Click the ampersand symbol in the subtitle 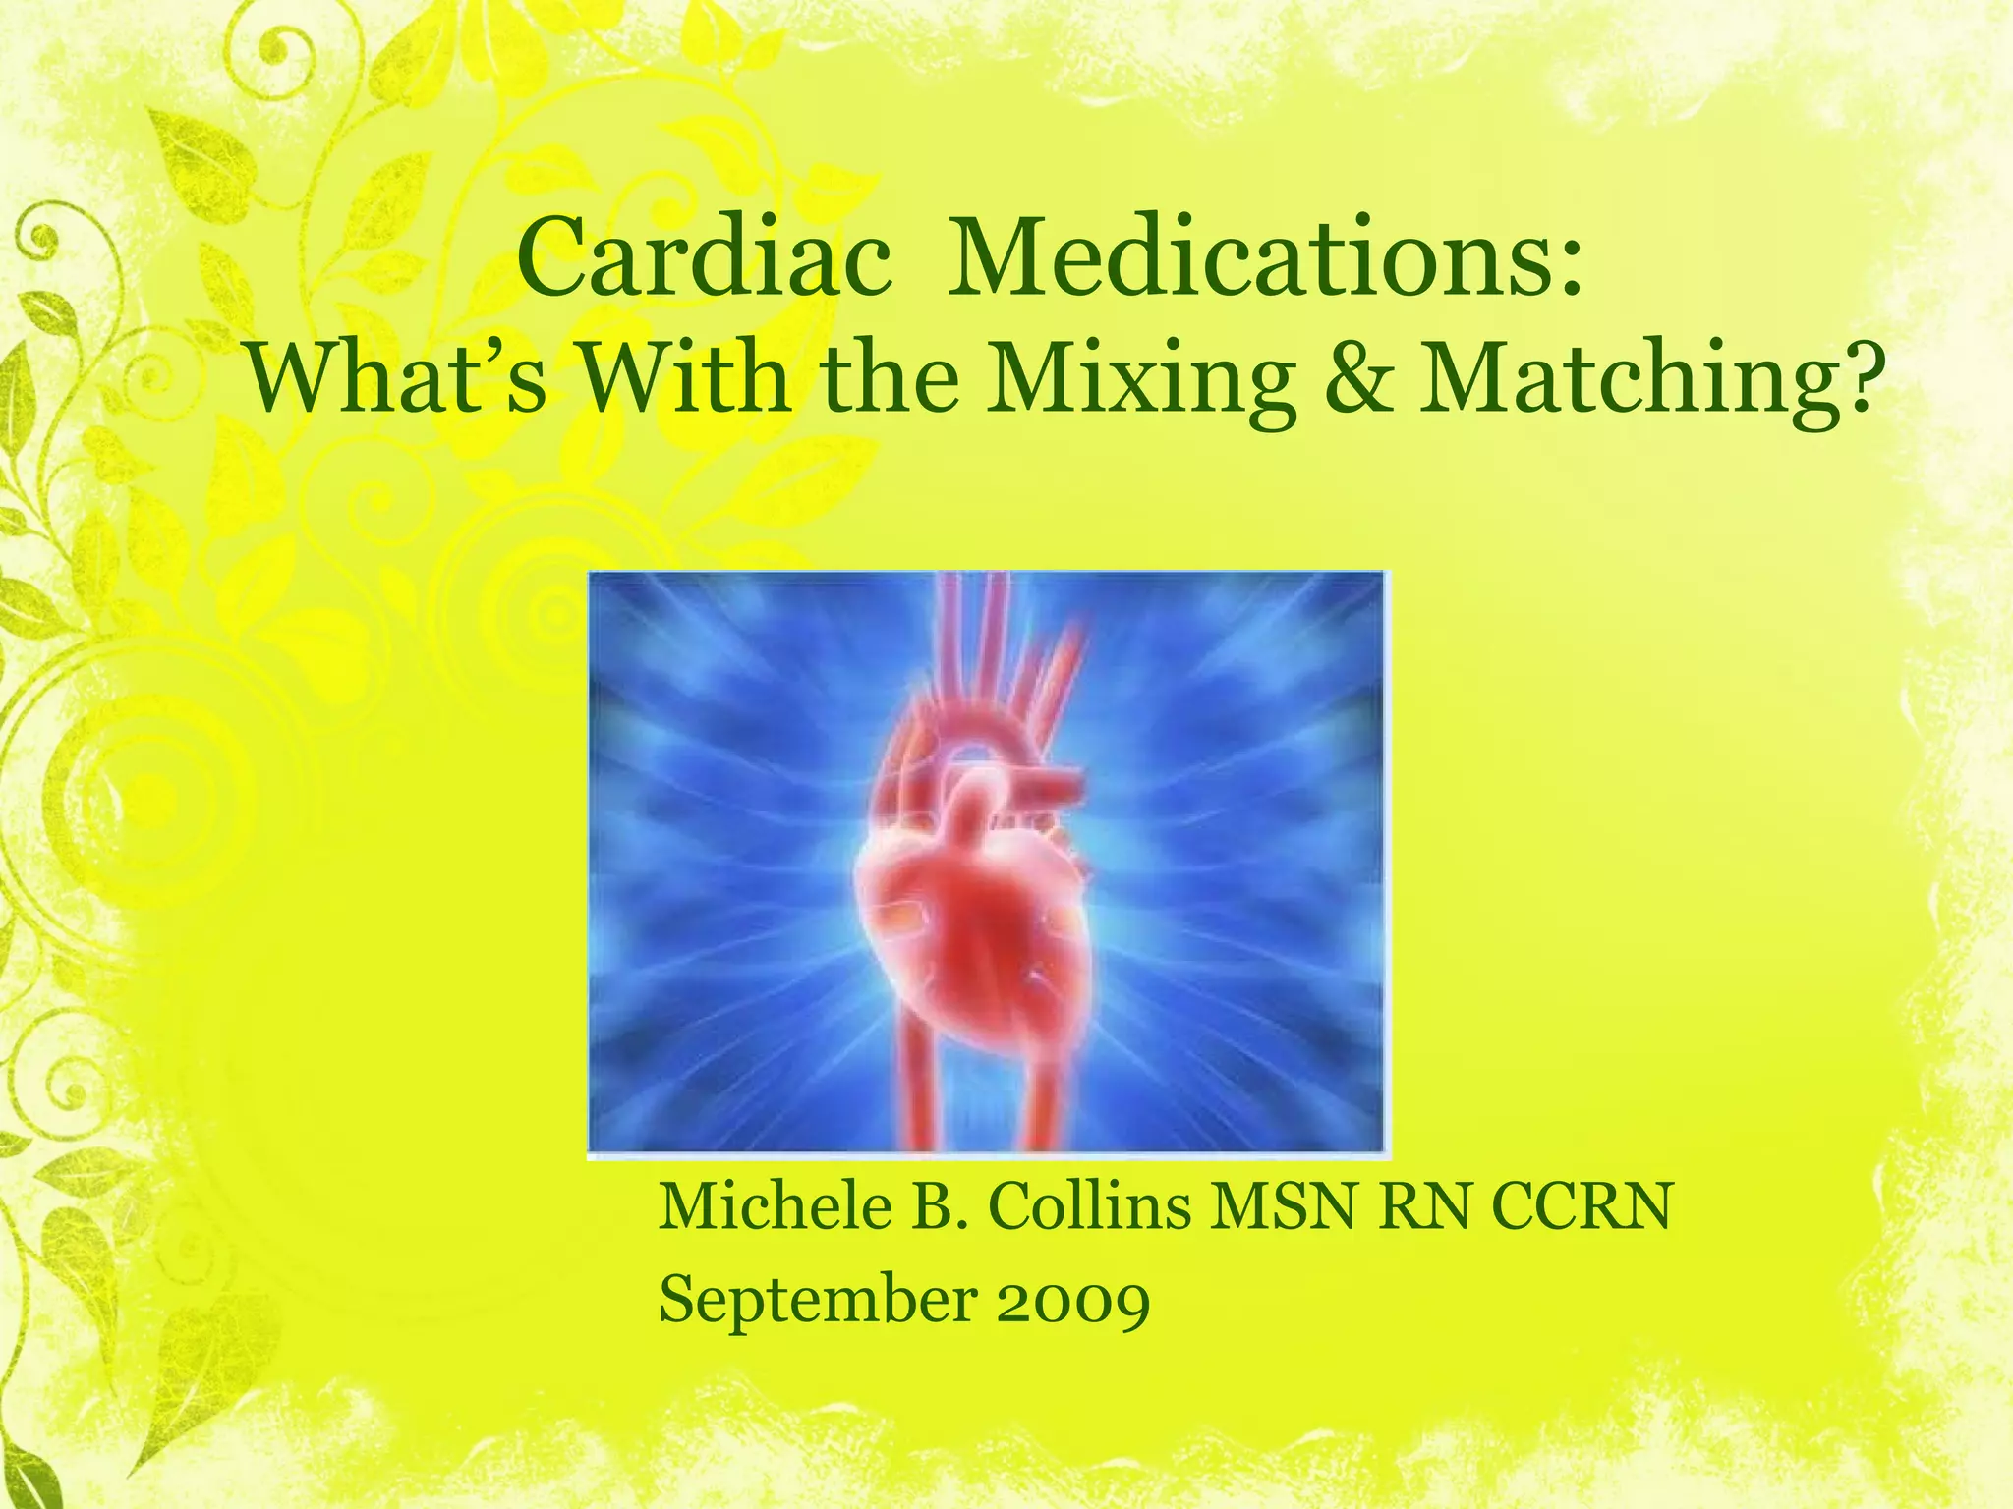coord(1359,381)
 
